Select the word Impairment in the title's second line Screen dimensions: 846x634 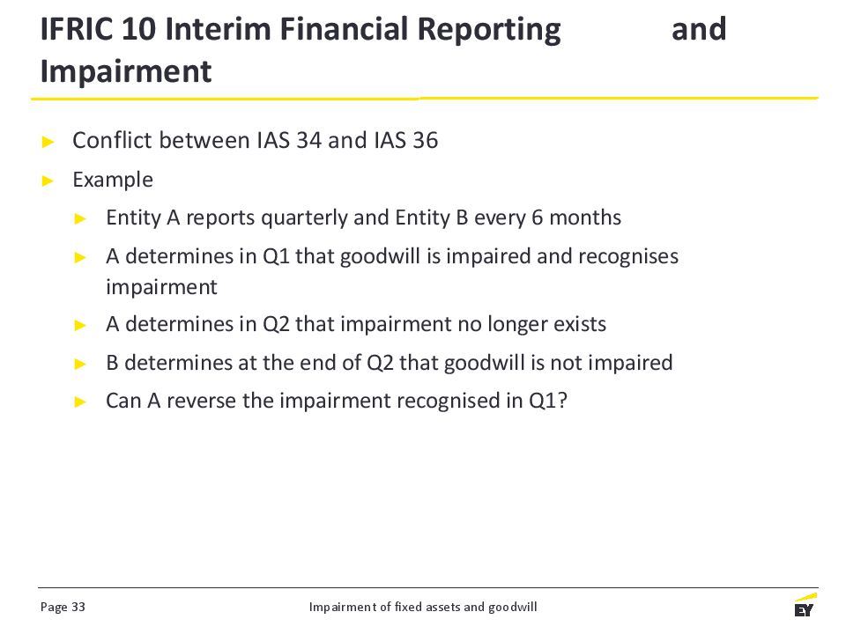coord(126,71)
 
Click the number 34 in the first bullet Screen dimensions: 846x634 coord(308,140)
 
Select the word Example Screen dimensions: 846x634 coord(113,180)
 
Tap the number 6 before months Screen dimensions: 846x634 coord(537,217)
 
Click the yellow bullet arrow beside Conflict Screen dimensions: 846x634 coord(48,142)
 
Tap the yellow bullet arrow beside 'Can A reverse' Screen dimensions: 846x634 coord(80,402)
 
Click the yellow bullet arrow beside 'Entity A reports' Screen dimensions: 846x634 coord(80,219)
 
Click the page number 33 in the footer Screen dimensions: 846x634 coord(78,607)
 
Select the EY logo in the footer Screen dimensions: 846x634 coord(805,605)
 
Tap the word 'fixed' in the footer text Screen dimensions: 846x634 coord(408,607)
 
